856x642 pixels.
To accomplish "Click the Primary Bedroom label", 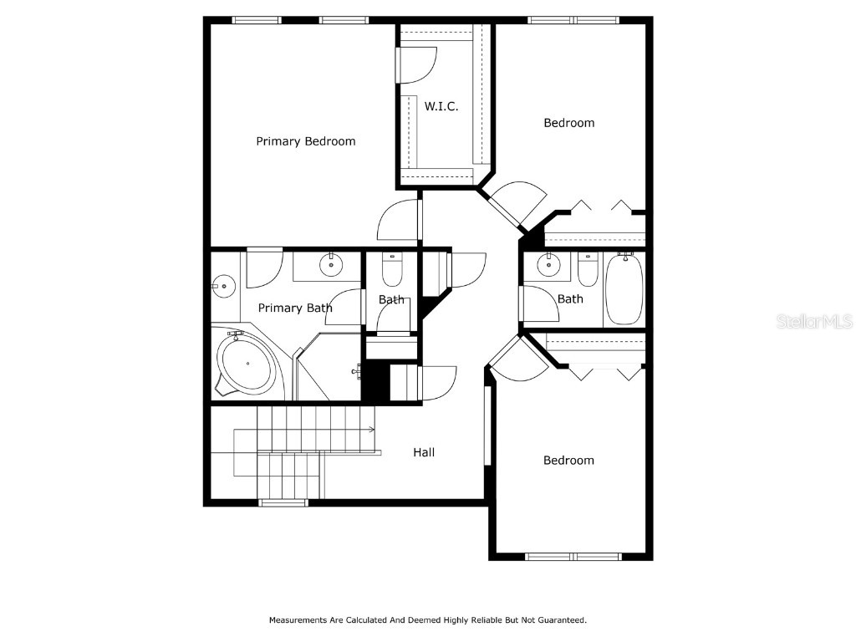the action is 306,141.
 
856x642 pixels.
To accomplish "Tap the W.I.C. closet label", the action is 441,106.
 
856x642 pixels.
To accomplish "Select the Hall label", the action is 424,452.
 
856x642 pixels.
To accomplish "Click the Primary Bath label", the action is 295,308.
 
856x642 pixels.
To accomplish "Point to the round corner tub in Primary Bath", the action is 247,364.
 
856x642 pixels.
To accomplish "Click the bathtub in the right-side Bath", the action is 624,289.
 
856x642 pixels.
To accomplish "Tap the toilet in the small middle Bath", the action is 392,270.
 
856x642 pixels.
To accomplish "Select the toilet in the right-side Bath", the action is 588,270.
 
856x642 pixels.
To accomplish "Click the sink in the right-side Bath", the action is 548,265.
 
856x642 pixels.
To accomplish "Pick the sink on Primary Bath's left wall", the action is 223,286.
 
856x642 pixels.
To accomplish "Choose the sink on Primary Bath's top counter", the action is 331,265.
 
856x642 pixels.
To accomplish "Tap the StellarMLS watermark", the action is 814,321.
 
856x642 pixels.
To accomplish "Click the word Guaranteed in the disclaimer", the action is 563,620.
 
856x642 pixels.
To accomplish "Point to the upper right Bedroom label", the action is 568,123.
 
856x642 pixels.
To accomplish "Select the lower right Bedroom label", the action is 568,461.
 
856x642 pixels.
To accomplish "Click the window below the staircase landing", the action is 283,502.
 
